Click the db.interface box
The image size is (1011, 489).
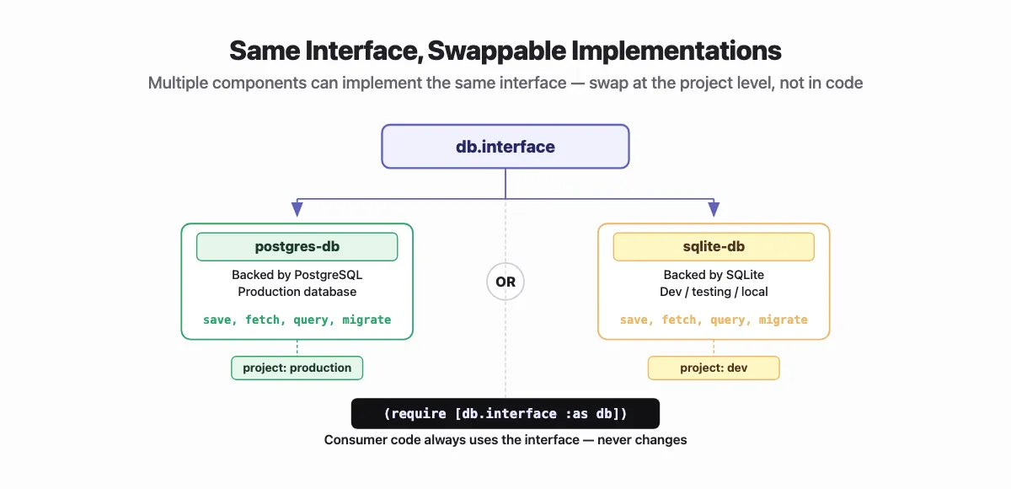[505, 147]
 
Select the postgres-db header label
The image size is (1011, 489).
[297, 247]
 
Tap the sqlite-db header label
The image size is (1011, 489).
[713, 247]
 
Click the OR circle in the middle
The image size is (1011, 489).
[505, 282]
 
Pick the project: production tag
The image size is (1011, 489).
[297, 368]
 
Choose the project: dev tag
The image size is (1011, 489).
[713, 368]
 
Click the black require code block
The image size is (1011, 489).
[505, 413]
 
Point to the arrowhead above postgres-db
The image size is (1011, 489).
[297, 209]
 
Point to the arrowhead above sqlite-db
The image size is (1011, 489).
[714, 209]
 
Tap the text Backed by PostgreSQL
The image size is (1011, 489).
[297, 275]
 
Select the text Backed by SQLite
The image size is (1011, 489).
[713, 275]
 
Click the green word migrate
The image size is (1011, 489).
[366, 320]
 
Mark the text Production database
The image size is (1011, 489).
[297, 292]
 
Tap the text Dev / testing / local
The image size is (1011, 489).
[713, 292]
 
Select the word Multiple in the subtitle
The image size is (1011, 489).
[175, 83]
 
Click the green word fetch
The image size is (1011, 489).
[263, 320]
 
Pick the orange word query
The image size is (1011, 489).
[728, 320]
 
